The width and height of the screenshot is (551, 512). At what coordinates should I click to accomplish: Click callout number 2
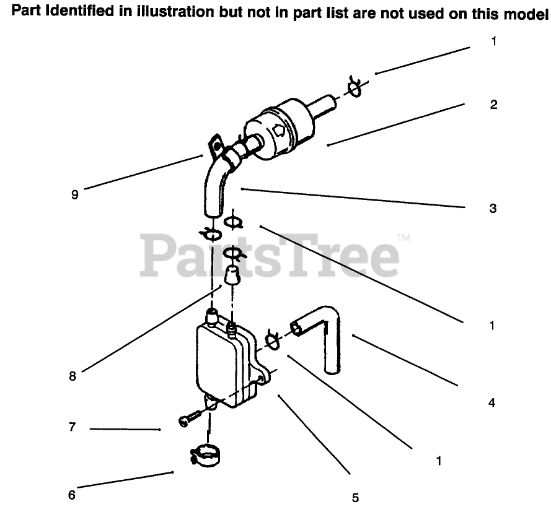(493, 105)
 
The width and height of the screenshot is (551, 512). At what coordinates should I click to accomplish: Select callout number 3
(493, 209)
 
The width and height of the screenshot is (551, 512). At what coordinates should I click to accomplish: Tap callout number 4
(491, 403)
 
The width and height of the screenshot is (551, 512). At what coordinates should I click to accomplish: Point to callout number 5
(355, 497)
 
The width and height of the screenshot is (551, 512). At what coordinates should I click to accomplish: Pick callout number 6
(71, 495)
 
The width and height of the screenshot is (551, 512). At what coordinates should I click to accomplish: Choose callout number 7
(72, 427)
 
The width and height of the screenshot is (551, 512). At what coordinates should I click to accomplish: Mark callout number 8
(73, 376)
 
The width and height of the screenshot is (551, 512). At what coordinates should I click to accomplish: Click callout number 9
(75, 194)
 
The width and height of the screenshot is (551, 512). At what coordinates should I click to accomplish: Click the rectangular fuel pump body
(223, 365)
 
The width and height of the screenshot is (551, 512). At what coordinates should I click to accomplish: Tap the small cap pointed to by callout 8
(232, 274)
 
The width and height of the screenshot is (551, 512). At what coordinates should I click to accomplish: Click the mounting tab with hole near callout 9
(215, 146)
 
